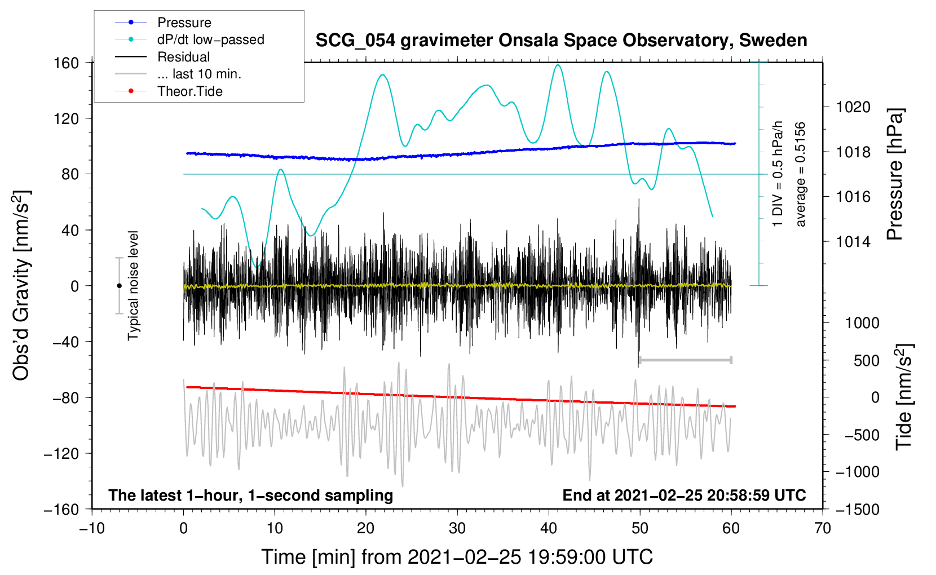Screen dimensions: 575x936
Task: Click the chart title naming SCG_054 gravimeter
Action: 561,41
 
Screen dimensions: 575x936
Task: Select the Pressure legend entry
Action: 184,23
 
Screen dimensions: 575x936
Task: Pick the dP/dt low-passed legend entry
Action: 210,39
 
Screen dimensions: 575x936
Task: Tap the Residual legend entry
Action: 183,57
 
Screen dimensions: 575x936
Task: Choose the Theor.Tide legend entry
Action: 189,91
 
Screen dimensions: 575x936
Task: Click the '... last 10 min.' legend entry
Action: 199,74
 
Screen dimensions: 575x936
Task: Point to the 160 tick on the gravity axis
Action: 67,63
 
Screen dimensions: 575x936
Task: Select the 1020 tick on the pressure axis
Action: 853,107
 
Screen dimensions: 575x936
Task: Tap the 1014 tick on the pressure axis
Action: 853,242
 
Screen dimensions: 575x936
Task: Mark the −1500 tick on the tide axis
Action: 857,509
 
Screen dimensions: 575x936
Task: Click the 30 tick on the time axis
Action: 457,528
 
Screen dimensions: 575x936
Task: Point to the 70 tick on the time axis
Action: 823,528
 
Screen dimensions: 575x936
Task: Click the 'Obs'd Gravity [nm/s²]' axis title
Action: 21,285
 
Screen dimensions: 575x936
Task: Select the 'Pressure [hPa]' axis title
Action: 895,175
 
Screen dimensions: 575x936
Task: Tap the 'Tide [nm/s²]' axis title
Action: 904,397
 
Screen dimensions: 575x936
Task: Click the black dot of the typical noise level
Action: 119,286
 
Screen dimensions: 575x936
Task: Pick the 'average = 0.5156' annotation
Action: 801,175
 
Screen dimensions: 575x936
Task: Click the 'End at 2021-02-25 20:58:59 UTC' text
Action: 684,496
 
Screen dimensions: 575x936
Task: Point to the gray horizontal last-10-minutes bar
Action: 685,360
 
